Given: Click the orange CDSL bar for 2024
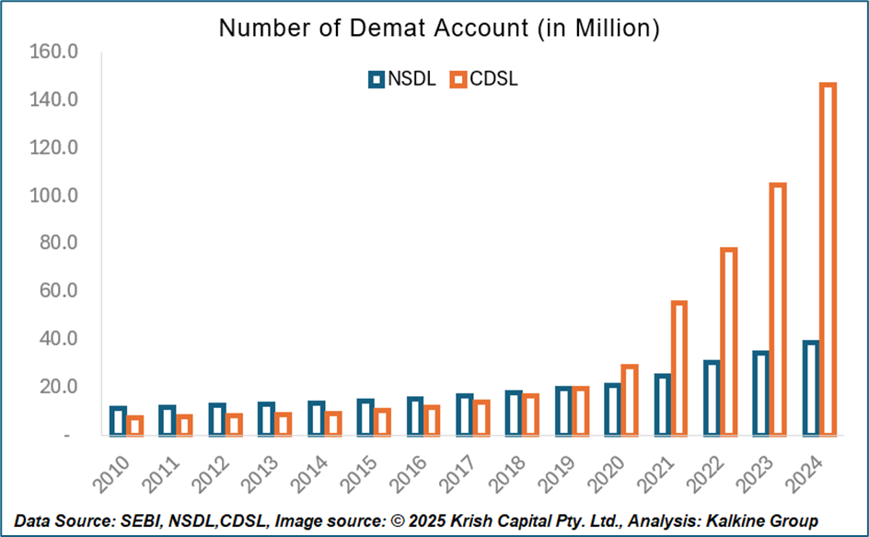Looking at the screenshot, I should pos(828,259).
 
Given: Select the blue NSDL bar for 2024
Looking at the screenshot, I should pos(810,388).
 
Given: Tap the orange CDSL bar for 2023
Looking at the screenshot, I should pos(778,309).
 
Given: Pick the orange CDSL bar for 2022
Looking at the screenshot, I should pos(728,341).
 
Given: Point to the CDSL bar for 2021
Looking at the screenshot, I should pos(679,368).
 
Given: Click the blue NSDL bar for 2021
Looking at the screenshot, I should pos(662,403).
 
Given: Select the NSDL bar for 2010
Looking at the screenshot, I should pos(118,420).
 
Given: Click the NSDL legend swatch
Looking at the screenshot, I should pos(376,79).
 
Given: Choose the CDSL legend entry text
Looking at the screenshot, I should pos(493,79).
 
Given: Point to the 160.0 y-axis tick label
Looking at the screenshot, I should pos(55,52).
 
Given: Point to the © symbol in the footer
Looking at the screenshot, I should pos(394,521).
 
